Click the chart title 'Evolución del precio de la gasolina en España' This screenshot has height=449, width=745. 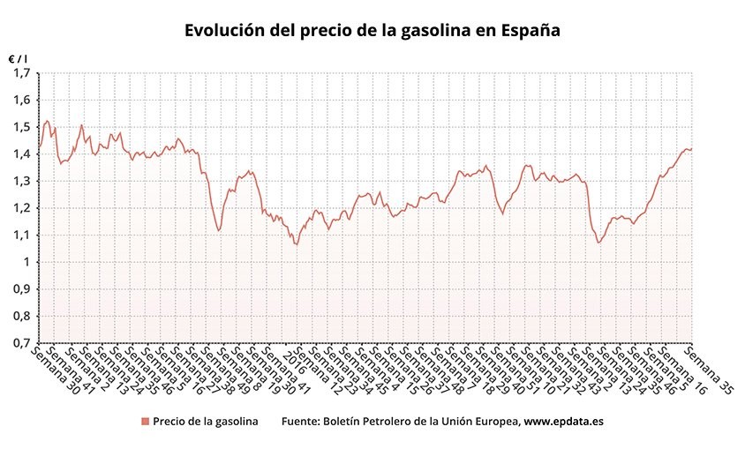[x=372, y=30]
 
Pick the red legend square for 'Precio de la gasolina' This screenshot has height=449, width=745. [x=145, y=422]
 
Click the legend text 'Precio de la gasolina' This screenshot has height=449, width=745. [x=205, y=422]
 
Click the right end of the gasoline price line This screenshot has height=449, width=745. [x=692, y=148]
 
